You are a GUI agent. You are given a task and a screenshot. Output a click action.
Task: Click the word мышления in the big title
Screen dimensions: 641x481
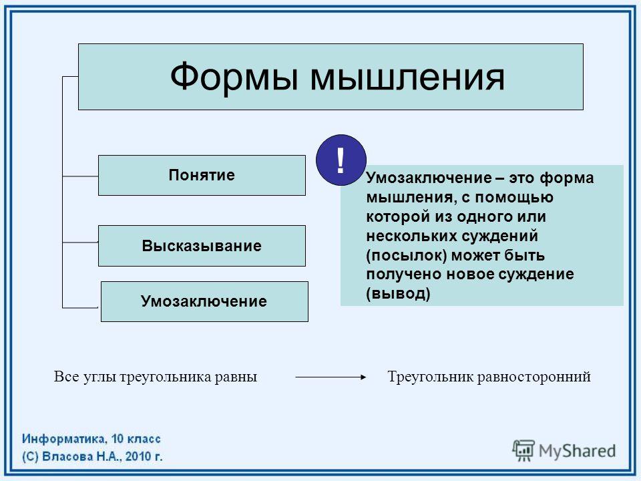tap(407, 77)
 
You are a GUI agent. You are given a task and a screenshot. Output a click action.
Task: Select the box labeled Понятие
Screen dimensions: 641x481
tap(202, 176)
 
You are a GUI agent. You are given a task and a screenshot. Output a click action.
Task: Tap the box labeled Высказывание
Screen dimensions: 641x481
tap(202, 246)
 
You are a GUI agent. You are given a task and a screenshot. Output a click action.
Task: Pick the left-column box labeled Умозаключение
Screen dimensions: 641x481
tap(204, 301)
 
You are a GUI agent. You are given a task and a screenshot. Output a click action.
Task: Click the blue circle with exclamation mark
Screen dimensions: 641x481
tap(341, 160)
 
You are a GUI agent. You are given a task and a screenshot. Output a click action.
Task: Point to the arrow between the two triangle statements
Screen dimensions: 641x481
tap(331, 377)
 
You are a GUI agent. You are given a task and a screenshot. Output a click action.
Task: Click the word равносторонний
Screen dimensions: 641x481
tap(533, 377)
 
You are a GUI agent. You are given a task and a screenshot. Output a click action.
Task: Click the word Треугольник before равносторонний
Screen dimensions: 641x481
tap(430, 377)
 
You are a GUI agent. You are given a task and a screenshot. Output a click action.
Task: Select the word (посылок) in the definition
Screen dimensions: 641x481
tap(407, 256)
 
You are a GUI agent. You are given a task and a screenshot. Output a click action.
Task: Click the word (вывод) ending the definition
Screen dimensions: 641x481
tap(398, 294)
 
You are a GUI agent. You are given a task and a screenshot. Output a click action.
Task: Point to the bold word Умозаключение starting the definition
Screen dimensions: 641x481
tap(429, 178)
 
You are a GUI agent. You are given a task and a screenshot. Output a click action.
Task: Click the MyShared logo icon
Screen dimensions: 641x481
tap(523, 450)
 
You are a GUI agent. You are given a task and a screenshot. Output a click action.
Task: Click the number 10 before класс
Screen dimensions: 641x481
tap(118, 440)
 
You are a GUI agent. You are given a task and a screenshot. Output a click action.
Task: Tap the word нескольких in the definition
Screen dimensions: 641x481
tap(412, 236)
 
